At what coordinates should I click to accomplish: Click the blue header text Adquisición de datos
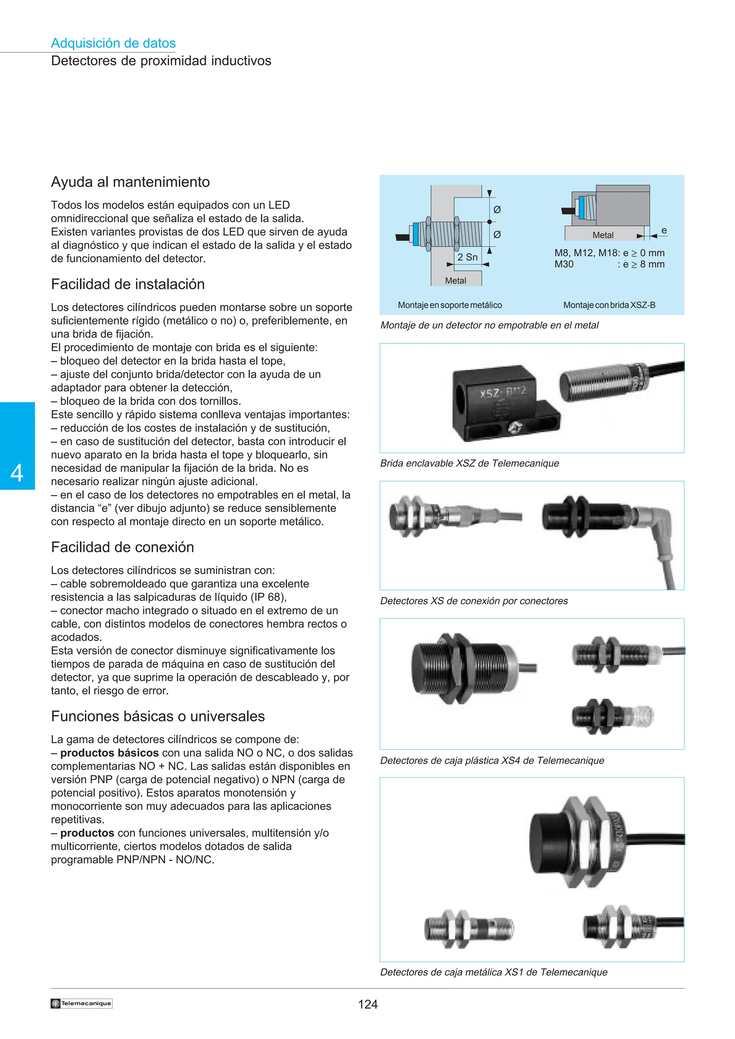(x=113, y=43)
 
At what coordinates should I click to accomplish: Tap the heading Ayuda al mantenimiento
(x=130, y=182)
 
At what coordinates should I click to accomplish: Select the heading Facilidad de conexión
(x=122, y=547)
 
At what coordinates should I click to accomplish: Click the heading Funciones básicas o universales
(x=158, y=716)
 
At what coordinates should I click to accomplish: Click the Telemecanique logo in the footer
(x=81, y=1003)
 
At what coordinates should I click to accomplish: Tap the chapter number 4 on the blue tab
(x=17, y=473)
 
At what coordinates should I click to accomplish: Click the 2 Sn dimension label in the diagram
(x=467, y=257)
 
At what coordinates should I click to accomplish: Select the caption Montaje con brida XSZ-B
(x=609, y=305)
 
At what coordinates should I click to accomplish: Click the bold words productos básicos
(x=109, y=753)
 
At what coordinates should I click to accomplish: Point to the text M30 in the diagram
(x=564, y=264)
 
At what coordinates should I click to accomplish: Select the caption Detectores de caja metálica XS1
(x=493, y=972)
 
